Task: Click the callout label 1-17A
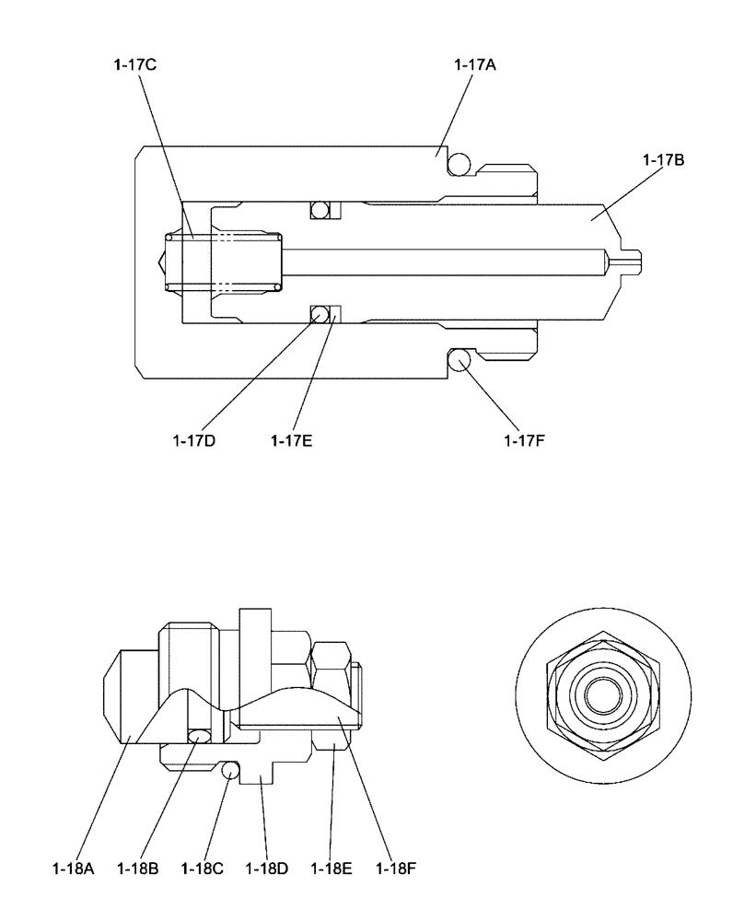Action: tap(475, 65)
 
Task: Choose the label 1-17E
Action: tap(292, 440)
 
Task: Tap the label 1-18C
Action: tap(204, 867)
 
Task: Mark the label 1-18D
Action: tap(268, 867)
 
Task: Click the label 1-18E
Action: tap(332, 867)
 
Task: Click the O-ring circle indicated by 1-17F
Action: tap(460, 360)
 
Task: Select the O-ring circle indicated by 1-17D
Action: tap(319, 314)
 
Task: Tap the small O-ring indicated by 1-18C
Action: tap(230, 768)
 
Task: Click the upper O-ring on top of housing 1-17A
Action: tap(460, 163)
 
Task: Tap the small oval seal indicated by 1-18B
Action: tap(198, 734)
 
